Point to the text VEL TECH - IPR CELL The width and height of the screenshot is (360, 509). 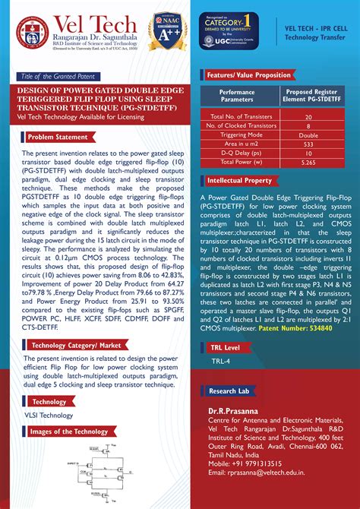coord(316,27)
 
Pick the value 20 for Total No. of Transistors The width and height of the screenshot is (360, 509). coord(308,117)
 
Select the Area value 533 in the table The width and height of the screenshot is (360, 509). coord(308,143)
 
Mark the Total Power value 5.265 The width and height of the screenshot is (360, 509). coord(308,161)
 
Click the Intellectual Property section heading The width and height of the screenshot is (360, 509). coord(239,182)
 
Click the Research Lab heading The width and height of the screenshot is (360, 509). coord(229,390)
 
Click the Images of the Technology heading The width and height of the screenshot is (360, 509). coord(68,432)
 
